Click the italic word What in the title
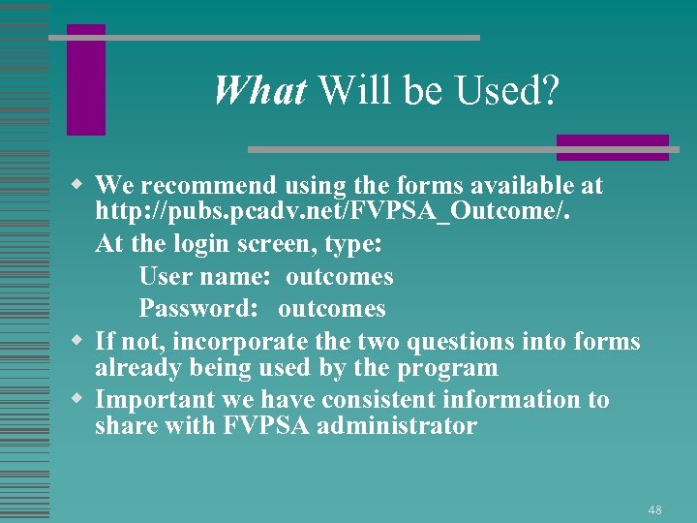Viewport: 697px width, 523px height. click(259, 91)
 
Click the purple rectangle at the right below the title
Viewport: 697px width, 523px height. click(612, 147)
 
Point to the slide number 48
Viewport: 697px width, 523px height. click(655, 509)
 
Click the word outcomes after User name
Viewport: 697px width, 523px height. click(339, 277)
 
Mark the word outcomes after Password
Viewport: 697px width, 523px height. click(331, 309)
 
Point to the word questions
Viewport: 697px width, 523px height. click(513, 342)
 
